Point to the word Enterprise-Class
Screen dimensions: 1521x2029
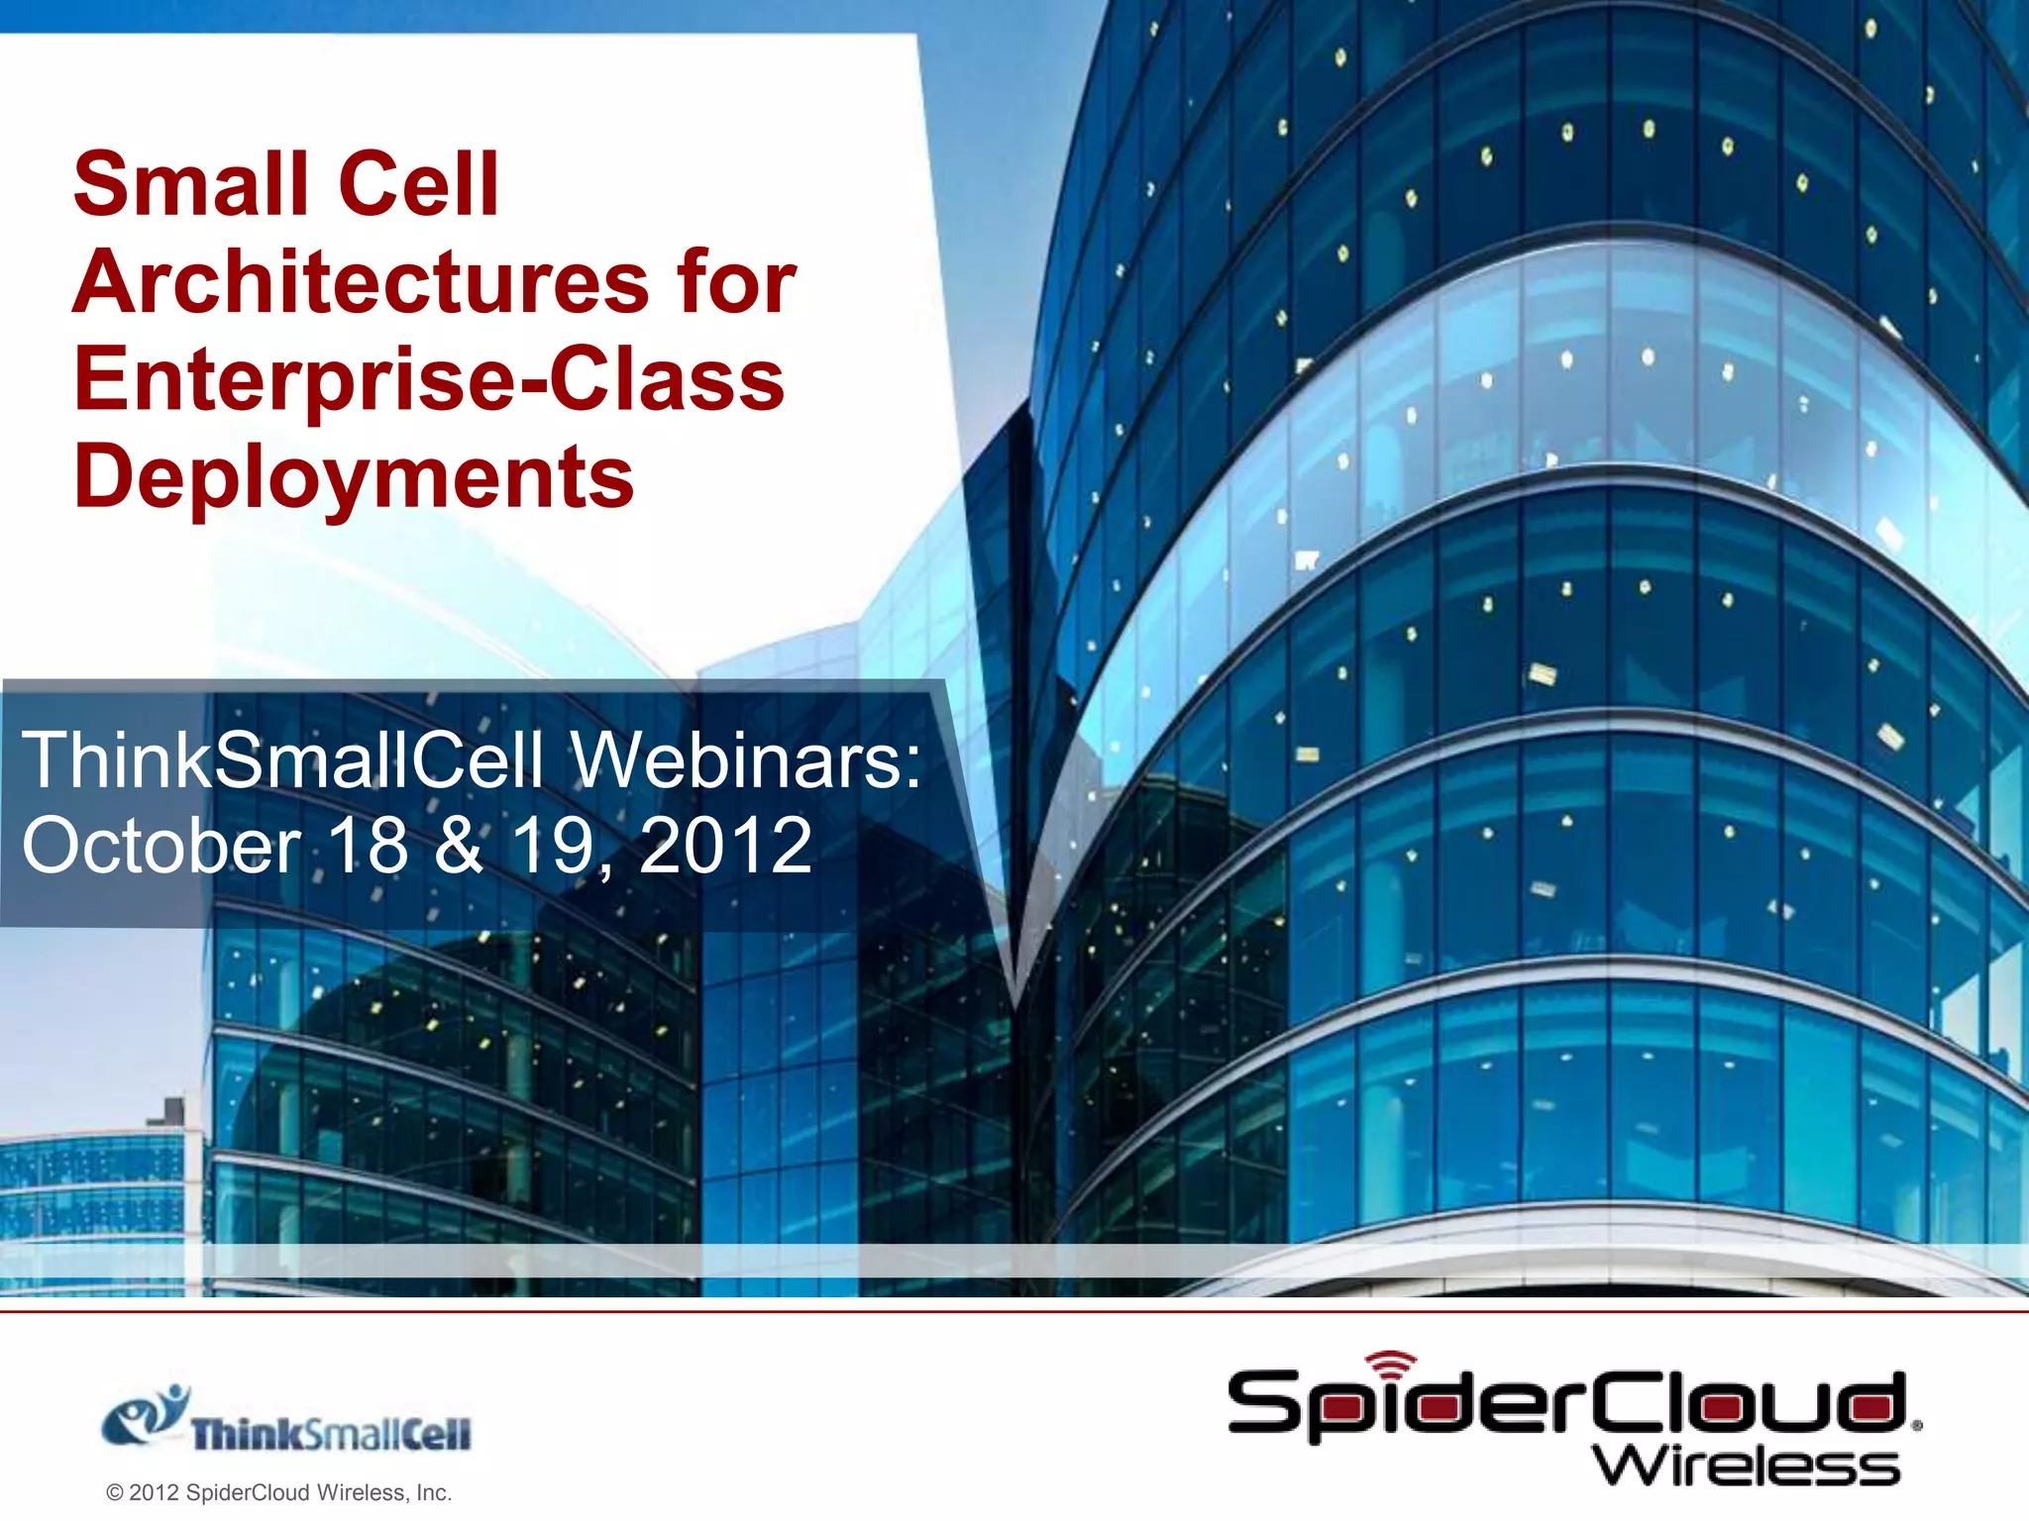pyautogui.click(x=429, y=381)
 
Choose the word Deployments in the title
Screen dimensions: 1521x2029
pyautogui.click(x=354, y=476)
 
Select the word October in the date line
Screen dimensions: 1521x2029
pyautogui.click(x=161, y=846)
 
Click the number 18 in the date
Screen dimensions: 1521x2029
pyautogui.click(x=368, y=846)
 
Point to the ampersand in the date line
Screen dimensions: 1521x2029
pyautogui.click(x=459, y=846)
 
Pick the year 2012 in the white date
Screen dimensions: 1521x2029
pyautogui.click(x=725, y=846)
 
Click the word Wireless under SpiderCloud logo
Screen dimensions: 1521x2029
pyautogui.click(x=1747, y=1466)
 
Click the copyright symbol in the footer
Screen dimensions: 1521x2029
pyautogui.click(x=115, y=1493)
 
